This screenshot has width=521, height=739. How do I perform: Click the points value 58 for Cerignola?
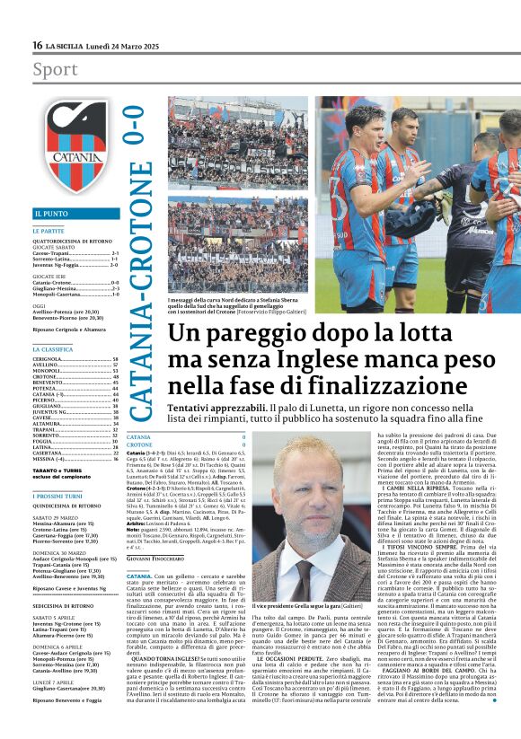[x=116, y=358]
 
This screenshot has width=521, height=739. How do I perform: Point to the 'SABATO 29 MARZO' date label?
[x=57, y=518]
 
